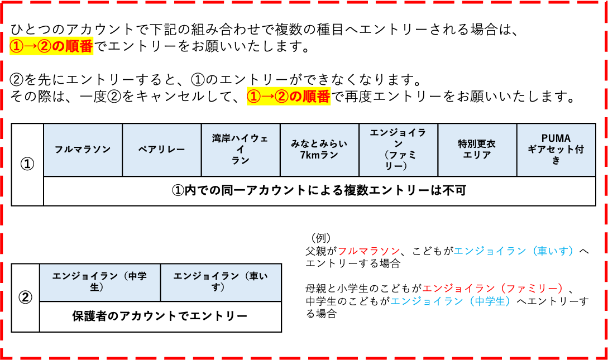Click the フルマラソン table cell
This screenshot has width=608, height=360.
pos(83,150)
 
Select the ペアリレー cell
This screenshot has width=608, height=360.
pos(161,150)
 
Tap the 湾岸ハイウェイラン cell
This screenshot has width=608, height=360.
pos(240,150)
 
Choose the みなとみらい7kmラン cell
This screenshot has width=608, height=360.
pos(319,150)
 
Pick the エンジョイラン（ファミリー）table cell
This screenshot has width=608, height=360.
pos(398,150)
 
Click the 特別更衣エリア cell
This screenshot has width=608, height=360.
pos(477,150)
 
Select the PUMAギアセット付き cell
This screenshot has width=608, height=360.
pos(556,150)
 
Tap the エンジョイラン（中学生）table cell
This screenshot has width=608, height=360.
pos(100,282)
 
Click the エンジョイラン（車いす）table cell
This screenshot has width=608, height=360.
pos(221,282)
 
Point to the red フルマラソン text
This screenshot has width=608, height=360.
pos(368,251)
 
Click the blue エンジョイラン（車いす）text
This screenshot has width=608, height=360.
pos(514,251)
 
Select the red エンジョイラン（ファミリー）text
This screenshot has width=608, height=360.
pos(493,289)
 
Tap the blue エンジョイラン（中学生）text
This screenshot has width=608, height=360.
pos(451,301)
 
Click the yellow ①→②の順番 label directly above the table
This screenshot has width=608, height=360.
pos(289,96)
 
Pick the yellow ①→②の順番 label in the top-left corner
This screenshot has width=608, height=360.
pos(51,46)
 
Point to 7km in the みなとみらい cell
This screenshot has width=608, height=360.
pos(309,155)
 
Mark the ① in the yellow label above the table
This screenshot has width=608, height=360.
pos(254,96)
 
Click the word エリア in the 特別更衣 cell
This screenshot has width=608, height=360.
pos(477,155)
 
